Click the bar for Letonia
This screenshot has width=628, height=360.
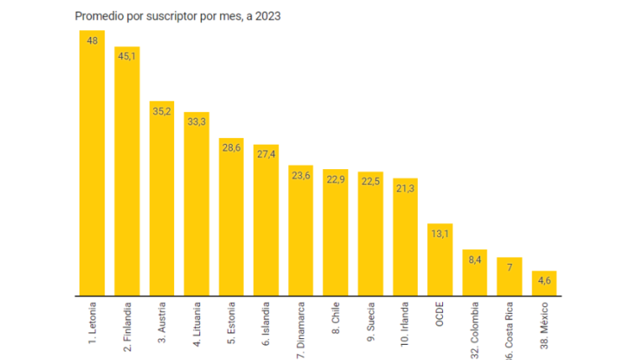point(91,167)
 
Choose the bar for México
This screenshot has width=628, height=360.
point(543,285)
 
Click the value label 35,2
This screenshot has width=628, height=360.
point(162,111)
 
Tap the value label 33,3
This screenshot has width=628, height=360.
point(196,122)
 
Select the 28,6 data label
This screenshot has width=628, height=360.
point(231,148)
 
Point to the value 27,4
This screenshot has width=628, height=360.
point(265,155)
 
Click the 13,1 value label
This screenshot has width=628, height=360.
point(440,234)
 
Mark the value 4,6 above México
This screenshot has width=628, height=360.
point(543,280)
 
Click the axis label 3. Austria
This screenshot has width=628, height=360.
point(162,319)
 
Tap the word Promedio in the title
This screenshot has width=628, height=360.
point(99,15)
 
